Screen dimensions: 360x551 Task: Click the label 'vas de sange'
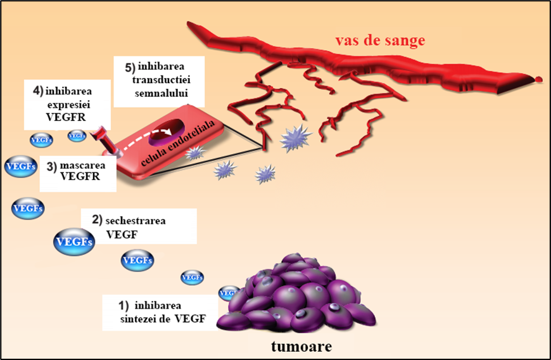[x=379, y=41]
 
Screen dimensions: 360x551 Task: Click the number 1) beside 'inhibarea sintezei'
[x=123, y=305]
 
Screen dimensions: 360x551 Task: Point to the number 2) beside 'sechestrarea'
[x=97, y=221]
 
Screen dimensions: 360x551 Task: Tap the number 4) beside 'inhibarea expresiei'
[x=38, y=90]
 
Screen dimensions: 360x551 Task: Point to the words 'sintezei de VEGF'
[x=163, y=318]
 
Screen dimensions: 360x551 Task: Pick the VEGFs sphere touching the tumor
[x=228, y=293]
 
